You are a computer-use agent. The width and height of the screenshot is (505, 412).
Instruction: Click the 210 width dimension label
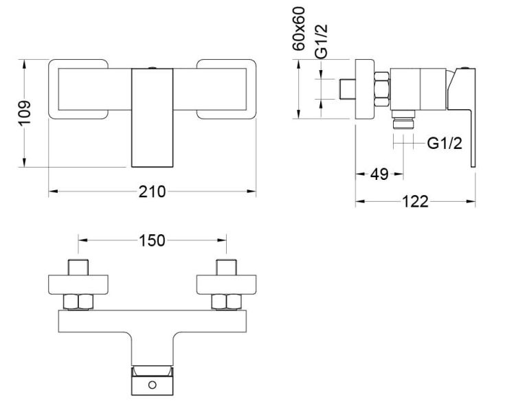pyautogui.click(x=153, y=192)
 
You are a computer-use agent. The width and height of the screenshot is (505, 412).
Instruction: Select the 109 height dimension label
pyautogui.click(x=23, y=113)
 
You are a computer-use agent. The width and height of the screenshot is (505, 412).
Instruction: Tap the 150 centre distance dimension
pyautogui.click(x=153, y=240)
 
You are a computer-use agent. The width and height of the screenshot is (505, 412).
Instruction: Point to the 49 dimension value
pyautogui.click(x=379, y=174)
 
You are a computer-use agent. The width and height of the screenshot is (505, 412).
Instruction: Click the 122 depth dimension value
pyautogui.click(x=415, y=201)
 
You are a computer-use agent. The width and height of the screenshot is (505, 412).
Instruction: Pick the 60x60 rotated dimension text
pyautogui.click(x=300, y=29)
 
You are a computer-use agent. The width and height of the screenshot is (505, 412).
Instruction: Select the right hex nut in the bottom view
pyautogui.click(x=226, y=301)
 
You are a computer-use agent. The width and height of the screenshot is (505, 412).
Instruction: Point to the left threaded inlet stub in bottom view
pyautogui.click(x=79, y=266)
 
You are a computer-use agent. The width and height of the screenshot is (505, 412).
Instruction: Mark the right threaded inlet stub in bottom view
pyautogui.click(x=226, y=266)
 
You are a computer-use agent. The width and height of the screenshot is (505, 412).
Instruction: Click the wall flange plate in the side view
pyautogui.click(x=363, y=90)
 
